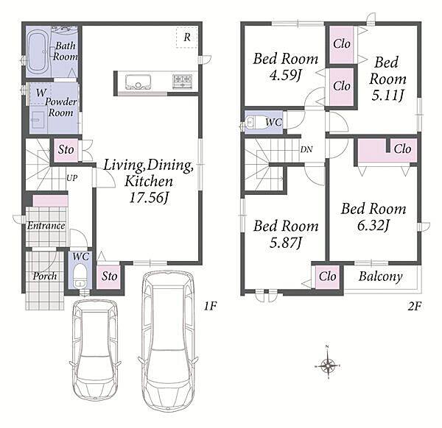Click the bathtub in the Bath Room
click(39, 53)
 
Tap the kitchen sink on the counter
click(138, 82)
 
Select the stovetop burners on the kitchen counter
click(182, 82)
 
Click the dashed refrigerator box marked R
click(186, 38)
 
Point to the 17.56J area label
click(149, 198)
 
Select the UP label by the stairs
click(72, 178)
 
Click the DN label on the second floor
click(306, 149)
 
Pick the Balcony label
click(381, 277)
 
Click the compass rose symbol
click(327, 365)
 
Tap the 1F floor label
click(210, 306)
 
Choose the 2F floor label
click(414, 306)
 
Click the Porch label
click(45, 276)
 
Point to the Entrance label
click(46, 226)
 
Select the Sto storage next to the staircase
click(66, 150)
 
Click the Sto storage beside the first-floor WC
click(109, 277)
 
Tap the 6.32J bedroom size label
click(373, 226)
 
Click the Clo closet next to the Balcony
click(327, 277)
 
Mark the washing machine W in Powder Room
click(41, 93)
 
